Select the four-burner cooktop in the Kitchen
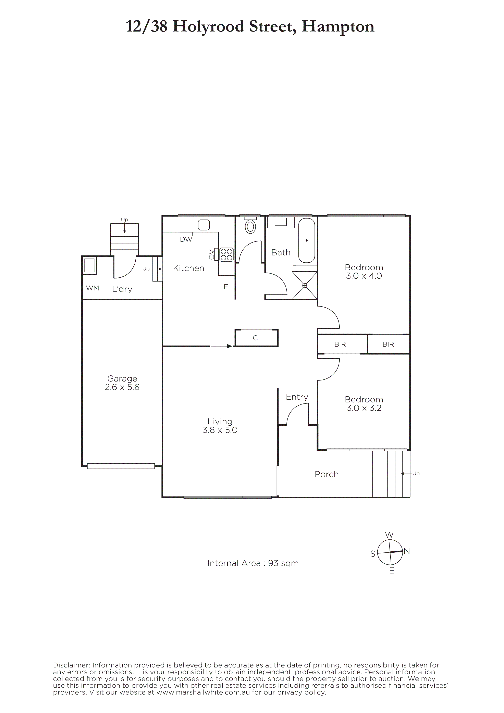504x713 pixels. (226, 254)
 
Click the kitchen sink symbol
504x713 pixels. (204, 225)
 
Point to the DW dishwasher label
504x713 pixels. (186, 239)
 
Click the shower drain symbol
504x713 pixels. (305, 285)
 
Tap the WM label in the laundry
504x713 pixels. (93, 288)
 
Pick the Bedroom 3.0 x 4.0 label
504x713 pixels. (364, 271)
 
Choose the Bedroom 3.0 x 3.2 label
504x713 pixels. (364, 403)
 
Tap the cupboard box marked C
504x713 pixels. (256, 338)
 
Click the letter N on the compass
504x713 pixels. (407, 551)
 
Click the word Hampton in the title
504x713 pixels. (338, 27)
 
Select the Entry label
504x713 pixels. (297, 397)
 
